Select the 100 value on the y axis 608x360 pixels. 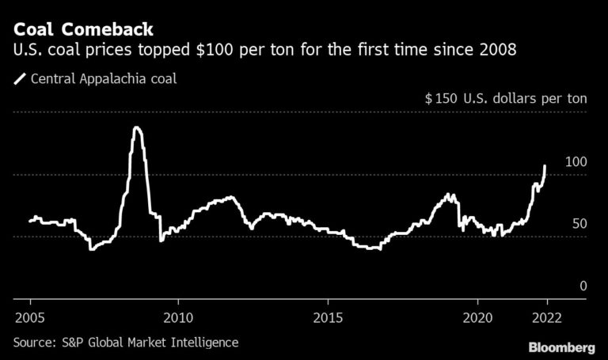click(x=576, y=161)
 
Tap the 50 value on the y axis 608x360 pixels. click(x=579, y=224)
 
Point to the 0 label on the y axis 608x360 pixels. click(x=583, y=286)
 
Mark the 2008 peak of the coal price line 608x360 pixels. click(x=137, y=127)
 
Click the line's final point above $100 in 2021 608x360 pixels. click(x=545, y=166)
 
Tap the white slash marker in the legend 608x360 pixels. click(x=19, y=78)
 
